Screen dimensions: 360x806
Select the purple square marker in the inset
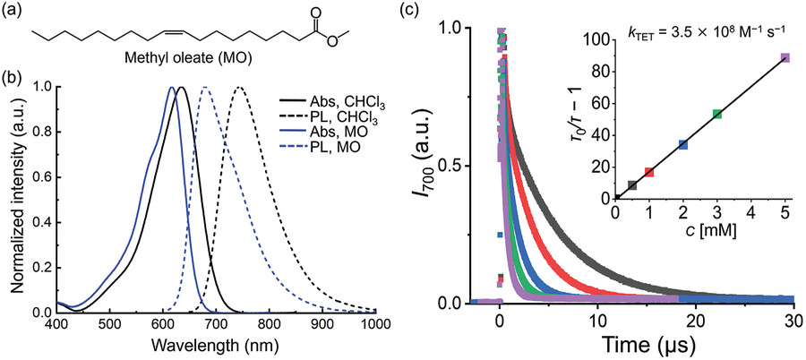(785, 58)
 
